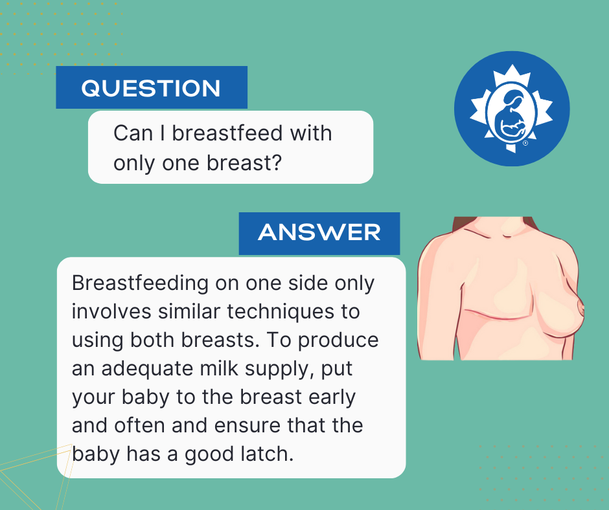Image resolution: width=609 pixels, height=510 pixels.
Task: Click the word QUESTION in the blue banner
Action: coord(151,88)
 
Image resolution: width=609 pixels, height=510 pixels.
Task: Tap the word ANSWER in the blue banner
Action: coord(319,232)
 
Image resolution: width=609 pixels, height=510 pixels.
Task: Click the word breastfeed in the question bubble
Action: coord(228,133)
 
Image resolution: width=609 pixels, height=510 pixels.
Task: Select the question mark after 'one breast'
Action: coord(277,162)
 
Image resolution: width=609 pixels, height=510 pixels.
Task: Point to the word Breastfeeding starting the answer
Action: coord(140,284)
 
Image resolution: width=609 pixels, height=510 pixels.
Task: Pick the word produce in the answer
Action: coord(338,340)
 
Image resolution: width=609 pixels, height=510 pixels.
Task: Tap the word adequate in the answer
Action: coord(147,369)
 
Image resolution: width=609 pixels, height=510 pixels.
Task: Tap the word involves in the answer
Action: coord(111,312)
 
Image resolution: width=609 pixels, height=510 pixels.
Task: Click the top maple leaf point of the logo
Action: coord(512,65)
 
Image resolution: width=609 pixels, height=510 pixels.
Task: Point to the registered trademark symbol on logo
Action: coord(525,143)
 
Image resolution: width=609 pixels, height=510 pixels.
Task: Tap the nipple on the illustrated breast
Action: coord(581,308)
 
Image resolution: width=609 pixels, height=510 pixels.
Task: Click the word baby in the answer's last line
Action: coord(95,454)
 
